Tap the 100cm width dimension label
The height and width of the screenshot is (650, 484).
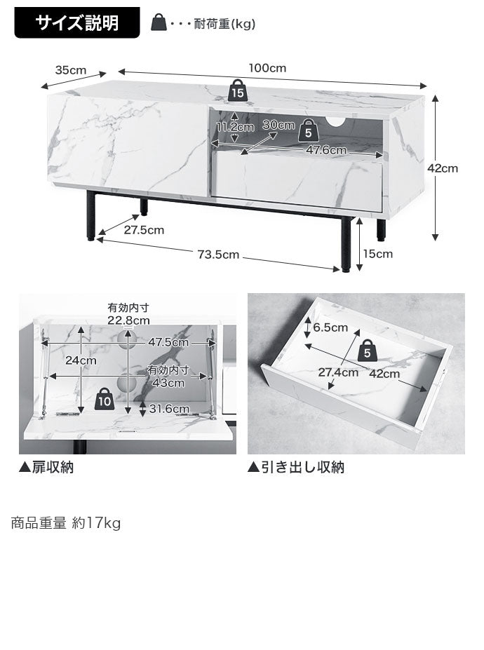coord(267,68)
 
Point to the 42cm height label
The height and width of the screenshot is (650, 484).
coord(443,168)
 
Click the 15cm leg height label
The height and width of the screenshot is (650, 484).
coord(379,254)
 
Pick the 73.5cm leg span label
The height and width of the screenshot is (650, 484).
coord(218,255)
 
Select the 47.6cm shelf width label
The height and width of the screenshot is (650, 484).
coord(326,150)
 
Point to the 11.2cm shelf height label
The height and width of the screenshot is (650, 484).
coord(234,127)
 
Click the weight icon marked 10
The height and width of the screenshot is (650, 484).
coord(105,399)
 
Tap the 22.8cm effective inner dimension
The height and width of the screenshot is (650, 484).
coord(128,320)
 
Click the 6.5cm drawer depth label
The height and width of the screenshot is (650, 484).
coord(330,327)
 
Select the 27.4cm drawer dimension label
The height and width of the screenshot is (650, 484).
coord(339,372)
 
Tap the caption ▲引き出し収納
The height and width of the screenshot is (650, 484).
coord(295,468)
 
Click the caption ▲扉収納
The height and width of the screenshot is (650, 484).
coord(46,468)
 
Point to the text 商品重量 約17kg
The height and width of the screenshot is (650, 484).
coord(66,523)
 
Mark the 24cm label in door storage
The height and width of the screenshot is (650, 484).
coord(81,360)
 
